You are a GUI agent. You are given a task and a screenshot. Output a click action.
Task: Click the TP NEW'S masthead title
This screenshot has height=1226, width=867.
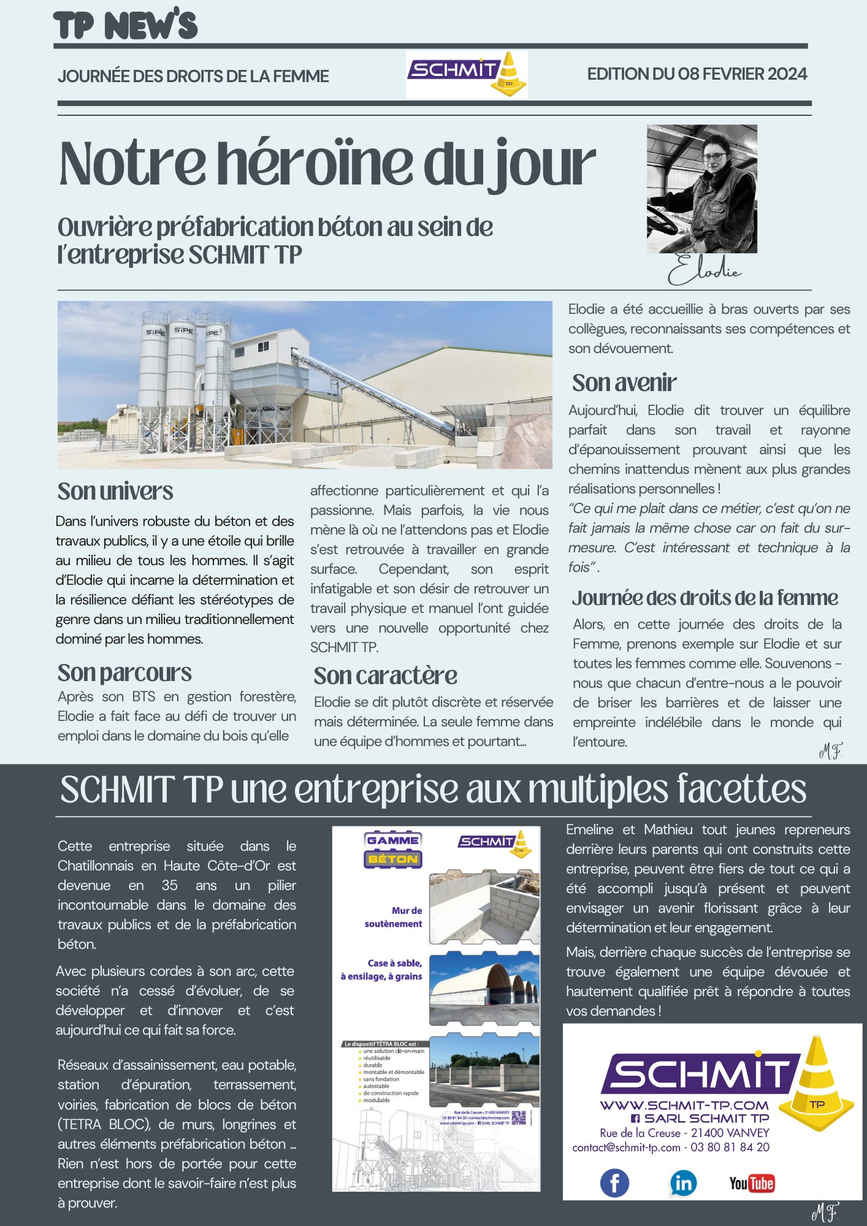pyautogui.click(x=126, y=26)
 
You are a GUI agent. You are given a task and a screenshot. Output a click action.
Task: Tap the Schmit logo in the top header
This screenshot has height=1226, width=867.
pyautogui.click(x=466, y=75)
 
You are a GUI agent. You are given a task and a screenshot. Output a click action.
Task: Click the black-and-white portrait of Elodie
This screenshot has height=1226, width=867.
pyautogui.click(x=701, y=189)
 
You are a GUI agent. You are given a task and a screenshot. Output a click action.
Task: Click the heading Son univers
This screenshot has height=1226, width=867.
pyautogui.click(x=115, y=492)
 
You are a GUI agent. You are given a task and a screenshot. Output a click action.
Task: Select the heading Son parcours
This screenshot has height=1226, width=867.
pyautogui.click(x=124, y=673)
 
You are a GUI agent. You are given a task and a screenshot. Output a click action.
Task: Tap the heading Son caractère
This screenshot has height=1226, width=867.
pyautogui.click(x=385, y=676)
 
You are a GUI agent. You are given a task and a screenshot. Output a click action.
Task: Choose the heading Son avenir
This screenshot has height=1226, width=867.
pyautogui.click(x=624, y=383)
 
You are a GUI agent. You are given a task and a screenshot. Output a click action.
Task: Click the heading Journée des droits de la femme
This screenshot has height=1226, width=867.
pyautogui.click(x=705, y=598)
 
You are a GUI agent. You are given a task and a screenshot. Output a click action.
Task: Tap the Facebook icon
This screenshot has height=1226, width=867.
pyautogui.click(x=614, y=1183)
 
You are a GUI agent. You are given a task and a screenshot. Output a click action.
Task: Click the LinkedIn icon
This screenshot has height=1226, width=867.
pyautogui.click(x=683, y=1183)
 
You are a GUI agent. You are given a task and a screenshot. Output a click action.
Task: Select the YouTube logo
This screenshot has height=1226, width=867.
pyautogui.click(x=752, y=1183)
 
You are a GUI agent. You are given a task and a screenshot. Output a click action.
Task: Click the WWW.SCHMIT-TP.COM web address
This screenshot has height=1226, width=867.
pyautogui.click(x=684, y=1105)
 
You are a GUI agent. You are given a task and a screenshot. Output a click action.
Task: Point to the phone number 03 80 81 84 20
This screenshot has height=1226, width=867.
pyautogui.click(x=730, y=1148)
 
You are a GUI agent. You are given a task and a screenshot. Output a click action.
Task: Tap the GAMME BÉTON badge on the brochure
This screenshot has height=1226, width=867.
pyautogui.click(x=393, y=850)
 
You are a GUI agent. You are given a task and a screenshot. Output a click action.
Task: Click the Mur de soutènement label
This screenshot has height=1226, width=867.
pyautogui.click(x=394, y=917)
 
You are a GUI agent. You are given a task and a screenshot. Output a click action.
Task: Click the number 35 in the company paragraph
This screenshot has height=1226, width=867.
pyautogui.click(x=169, y=885)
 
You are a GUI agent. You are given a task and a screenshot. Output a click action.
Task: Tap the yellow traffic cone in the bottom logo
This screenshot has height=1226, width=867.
pyautogui.click(x=817, y=1085)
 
